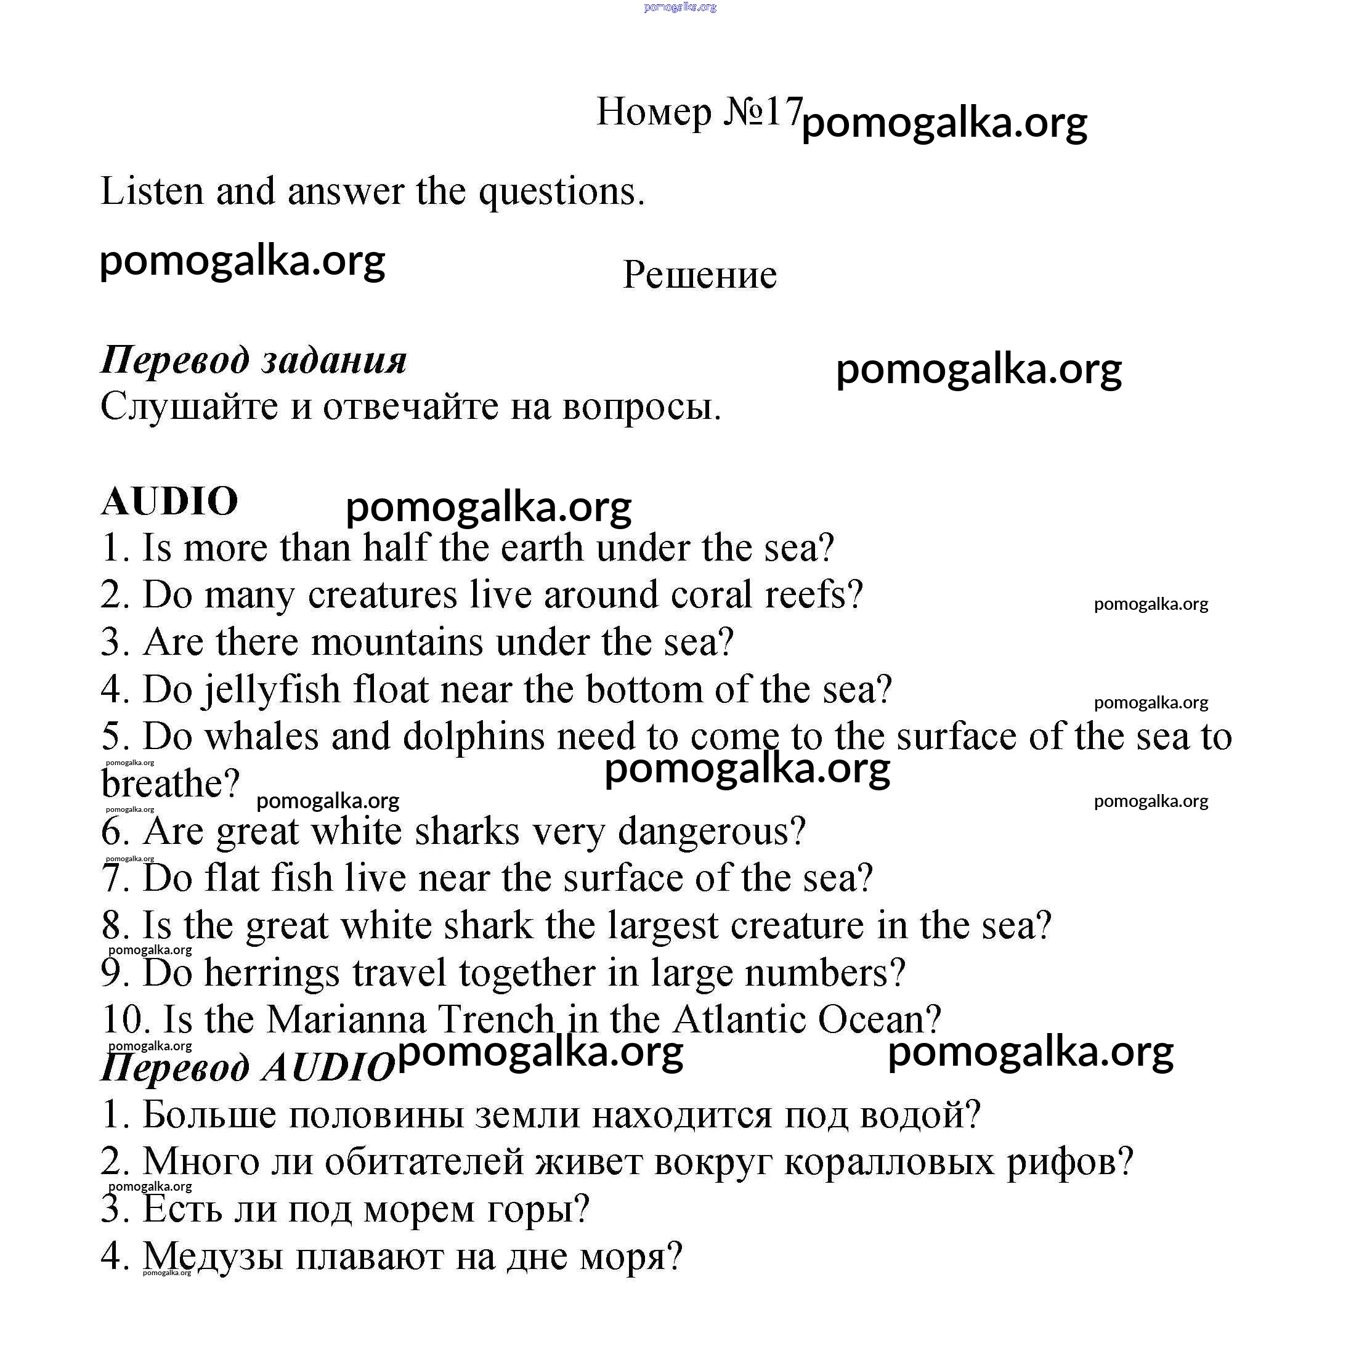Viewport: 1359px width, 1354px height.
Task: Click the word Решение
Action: point(700,274)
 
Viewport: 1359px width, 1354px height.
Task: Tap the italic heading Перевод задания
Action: point(254,360)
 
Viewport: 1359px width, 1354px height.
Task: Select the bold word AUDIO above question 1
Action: point(169,501)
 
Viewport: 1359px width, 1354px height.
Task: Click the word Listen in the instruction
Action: point(152,192)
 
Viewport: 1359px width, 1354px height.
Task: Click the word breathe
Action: point(171,784)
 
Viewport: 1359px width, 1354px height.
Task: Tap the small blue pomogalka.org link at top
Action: point(679,7)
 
